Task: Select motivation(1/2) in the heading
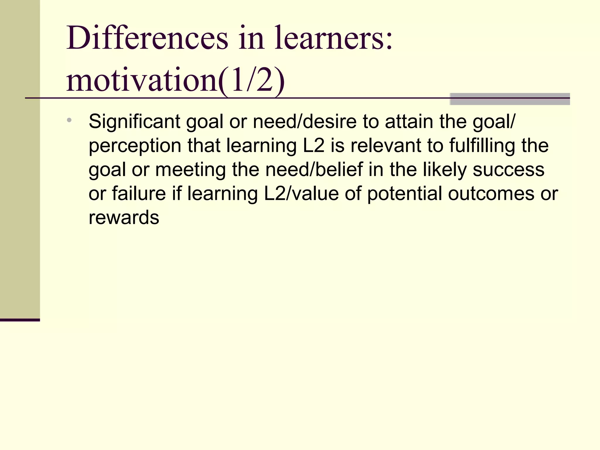pyautogui.click(x=175, y=80)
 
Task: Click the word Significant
pyautogui.click(x=134, y=121)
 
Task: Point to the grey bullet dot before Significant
pyautogui.click(x=69, y=120)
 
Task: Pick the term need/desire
pyautogui.click(x=305, y=121)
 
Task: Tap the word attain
pyautogui.click(x=409, y=121)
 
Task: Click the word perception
pyautogui.click(x=135, y=146)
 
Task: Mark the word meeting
pyautogui.click(x=190, y=170)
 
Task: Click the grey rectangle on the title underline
pyautogui.click(x=510, y=99)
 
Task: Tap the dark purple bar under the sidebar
pyautogui.click(x=20, y=320)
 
